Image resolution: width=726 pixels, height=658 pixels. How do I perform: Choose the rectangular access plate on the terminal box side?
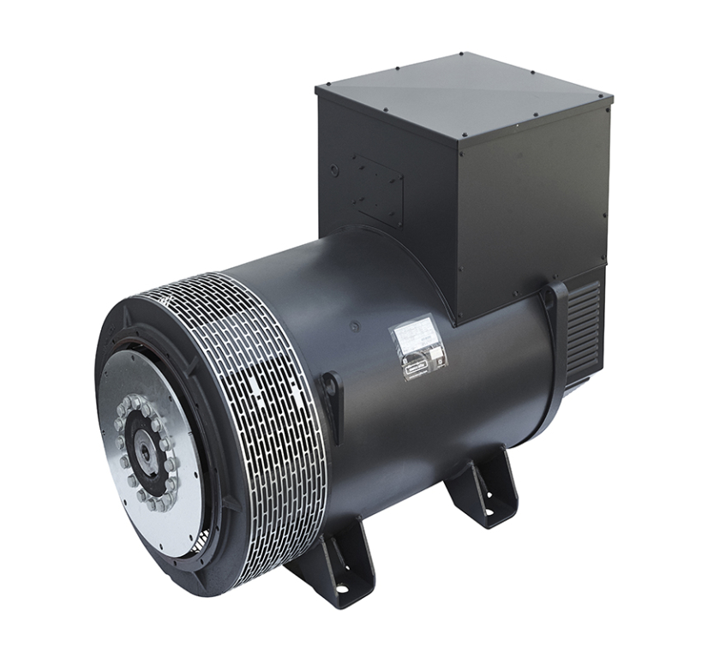click(376, 188)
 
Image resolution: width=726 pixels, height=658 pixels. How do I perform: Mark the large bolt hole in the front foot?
click(341, 589)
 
